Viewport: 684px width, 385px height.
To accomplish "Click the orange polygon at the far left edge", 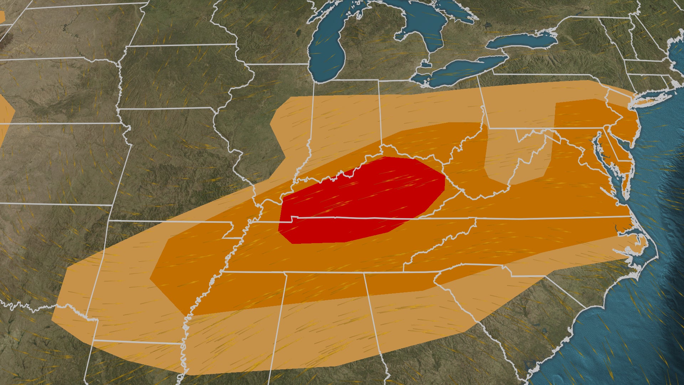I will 5,114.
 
